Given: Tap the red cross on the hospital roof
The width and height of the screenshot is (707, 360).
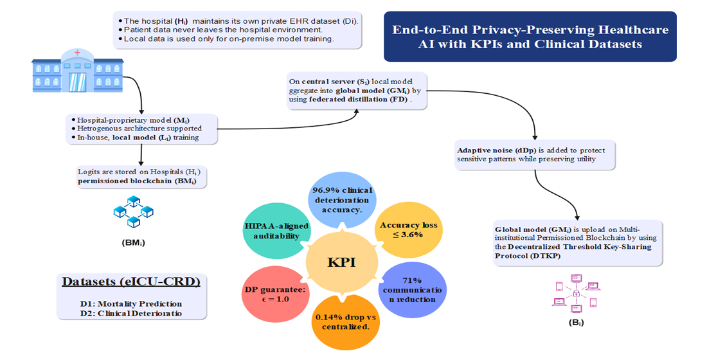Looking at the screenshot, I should pyautogui.click(x=77, y=53).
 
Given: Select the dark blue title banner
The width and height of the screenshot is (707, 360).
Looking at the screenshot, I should pyautogui.click(x=530, y=37).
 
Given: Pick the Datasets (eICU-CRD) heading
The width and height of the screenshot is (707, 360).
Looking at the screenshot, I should pyautogui.click(x=131, y=282).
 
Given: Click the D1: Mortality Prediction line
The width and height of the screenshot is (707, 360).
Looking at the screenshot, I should pyautogui.click(x=131, y=303).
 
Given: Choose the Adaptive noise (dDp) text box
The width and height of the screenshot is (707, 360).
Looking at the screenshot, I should pyautogui.click(x=535, y=154).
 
